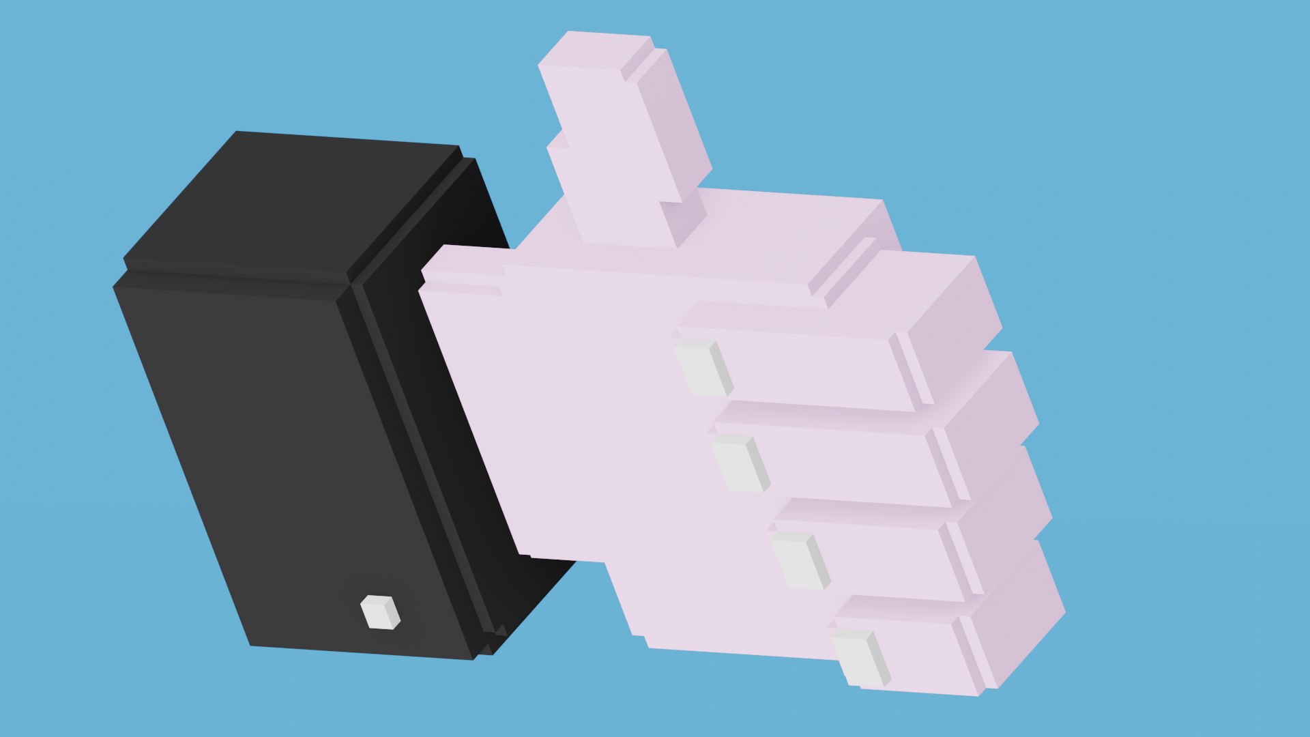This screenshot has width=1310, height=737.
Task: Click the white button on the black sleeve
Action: [379, 612]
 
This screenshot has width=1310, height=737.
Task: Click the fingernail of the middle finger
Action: [738, 464]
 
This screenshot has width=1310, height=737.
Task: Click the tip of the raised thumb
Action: [594, 48]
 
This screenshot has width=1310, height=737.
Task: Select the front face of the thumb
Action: [607, 157]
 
